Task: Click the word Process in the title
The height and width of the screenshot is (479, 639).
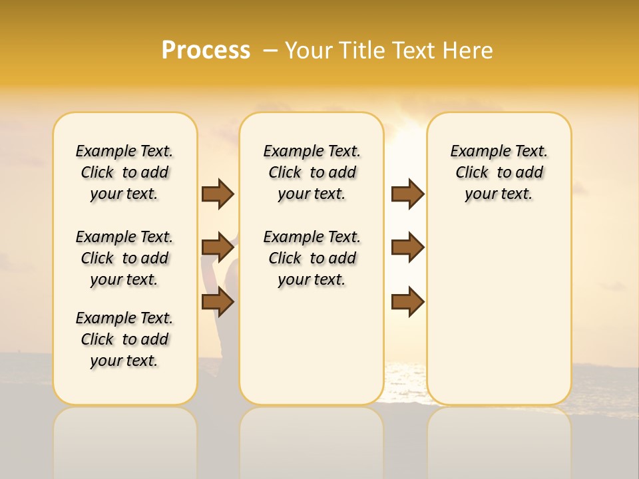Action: (206, 51)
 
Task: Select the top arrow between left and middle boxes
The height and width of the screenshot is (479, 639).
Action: (218, 194)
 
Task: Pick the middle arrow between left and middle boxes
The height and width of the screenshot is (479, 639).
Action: (218, 247)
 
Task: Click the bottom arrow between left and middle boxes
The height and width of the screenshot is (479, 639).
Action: (218, 302)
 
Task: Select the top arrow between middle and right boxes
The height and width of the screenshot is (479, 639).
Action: (407, 194)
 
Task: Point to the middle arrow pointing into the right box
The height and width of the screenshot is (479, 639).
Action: (407, 247)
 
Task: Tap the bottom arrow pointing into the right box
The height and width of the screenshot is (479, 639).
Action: (407, 302)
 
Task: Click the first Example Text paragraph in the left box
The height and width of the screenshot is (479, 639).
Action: (124, 172)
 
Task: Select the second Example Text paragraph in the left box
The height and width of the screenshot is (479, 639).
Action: (124, 258)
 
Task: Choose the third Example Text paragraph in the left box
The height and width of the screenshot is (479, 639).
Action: (124, 339)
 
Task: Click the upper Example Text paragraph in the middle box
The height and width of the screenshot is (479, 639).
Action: (312, 172)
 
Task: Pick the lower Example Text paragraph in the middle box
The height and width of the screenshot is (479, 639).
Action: (312, 258)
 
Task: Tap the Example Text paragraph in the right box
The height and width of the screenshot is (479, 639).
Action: (499, 172)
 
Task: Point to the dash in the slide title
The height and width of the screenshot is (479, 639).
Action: (270, 51)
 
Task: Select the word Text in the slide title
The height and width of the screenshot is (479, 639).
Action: (415, 51)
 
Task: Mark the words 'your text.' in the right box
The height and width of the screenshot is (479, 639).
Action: (499, 194)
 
